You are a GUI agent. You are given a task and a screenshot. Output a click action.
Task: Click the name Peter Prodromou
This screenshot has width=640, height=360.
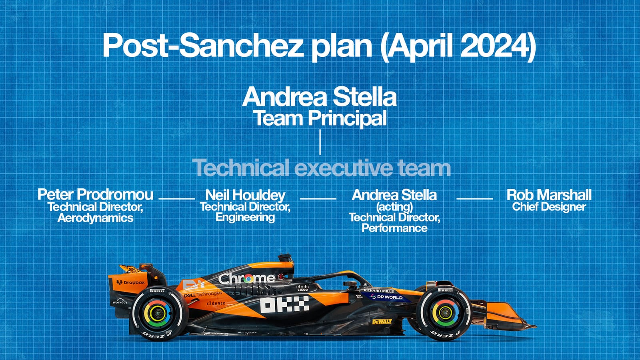[95, 195]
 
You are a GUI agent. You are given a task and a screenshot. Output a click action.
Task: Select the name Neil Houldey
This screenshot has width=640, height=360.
[245, 195]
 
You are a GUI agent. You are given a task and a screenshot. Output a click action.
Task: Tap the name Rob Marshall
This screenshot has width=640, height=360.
[549, 195]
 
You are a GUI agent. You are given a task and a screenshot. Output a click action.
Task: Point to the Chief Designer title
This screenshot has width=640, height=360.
[549, 207]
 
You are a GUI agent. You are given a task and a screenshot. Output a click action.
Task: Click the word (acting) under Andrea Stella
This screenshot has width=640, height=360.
[394, 207]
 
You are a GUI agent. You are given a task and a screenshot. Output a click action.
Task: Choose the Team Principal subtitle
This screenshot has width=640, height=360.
[320, 118]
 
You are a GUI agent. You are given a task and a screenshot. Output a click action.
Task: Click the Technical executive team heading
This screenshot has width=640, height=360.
[321, 168]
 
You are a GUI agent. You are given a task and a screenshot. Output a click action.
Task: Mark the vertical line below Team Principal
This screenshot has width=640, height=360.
[320, 142]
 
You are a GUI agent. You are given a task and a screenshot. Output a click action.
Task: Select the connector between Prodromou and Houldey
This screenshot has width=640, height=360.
[176, 198]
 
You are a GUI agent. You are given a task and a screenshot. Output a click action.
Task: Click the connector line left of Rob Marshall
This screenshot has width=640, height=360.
[474, 198]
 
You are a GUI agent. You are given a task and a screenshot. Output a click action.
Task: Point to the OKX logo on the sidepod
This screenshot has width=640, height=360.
[284, 304]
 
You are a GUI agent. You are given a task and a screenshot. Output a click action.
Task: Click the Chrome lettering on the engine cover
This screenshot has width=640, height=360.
[246, 278]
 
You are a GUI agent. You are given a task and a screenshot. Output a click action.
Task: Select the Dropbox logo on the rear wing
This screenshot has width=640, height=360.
[131, 282]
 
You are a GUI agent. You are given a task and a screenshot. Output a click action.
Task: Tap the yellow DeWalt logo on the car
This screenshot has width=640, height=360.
[382, 321]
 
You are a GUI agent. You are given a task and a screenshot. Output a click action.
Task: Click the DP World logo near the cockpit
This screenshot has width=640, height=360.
[387, 297]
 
